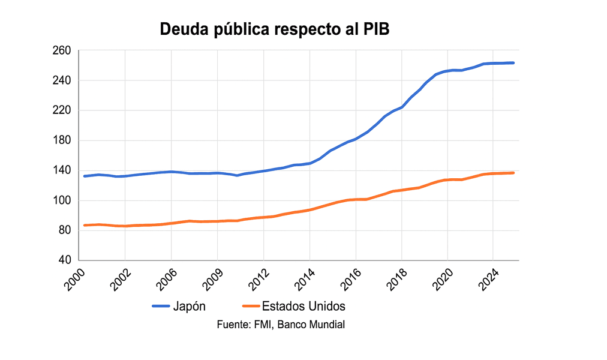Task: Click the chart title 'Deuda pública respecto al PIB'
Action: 275,29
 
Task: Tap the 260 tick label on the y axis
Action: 62,51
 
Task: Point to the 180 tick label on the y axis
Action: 62,141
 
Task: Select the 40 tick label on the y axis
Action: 65,260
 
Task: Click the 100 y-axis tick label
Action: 62,201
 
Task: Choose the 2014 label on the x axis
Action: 306,280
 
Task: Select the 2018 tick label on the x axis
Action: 398,280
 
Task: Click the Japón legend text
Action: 190,307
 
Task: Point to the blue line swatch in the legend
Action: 160,307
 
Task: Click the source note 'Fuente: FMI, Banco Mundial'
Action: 281,325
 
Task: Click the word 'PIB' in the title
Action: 375,29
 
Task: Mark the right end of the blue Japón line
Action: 513,63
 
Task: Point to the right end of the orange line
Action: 513,173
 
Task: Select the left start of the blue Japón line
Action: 85,176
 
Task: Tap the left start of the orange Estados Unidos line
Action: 85,225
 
